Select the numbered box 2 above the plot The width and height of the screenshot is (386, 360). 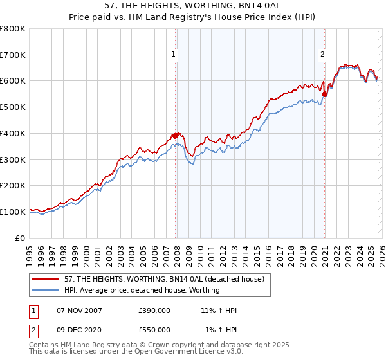pos(322,55)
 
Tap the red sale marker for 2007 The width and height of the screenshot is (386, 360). pos(175,136)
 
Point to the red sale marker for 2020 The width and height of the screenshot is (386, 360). pos(324,94)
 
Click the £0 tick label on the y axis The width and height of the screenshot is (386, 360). pos(21,238)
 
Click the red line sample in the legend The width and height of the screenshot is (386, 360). pos(46,279)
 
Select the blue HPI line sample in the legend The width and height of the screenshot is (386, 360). pos(46,290)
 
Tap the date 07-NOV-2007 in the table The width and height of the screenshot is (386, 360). pos(80,310)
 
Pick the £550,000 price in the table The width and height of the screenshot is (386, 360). pos(154,330)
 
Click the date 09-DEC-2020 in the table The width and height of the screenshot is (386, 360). pos(80,330)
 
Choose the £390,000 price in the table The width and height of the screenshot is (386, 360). pos(154,310)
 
